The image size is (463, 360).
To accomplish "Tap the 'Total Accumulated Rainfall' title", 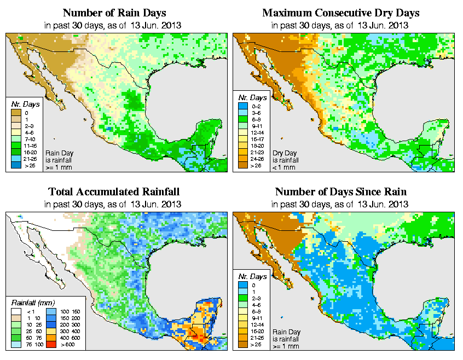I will [x=114, y=192].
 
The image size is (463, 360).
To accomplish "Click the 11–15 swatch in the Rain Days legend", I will [x=15, y=146].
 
